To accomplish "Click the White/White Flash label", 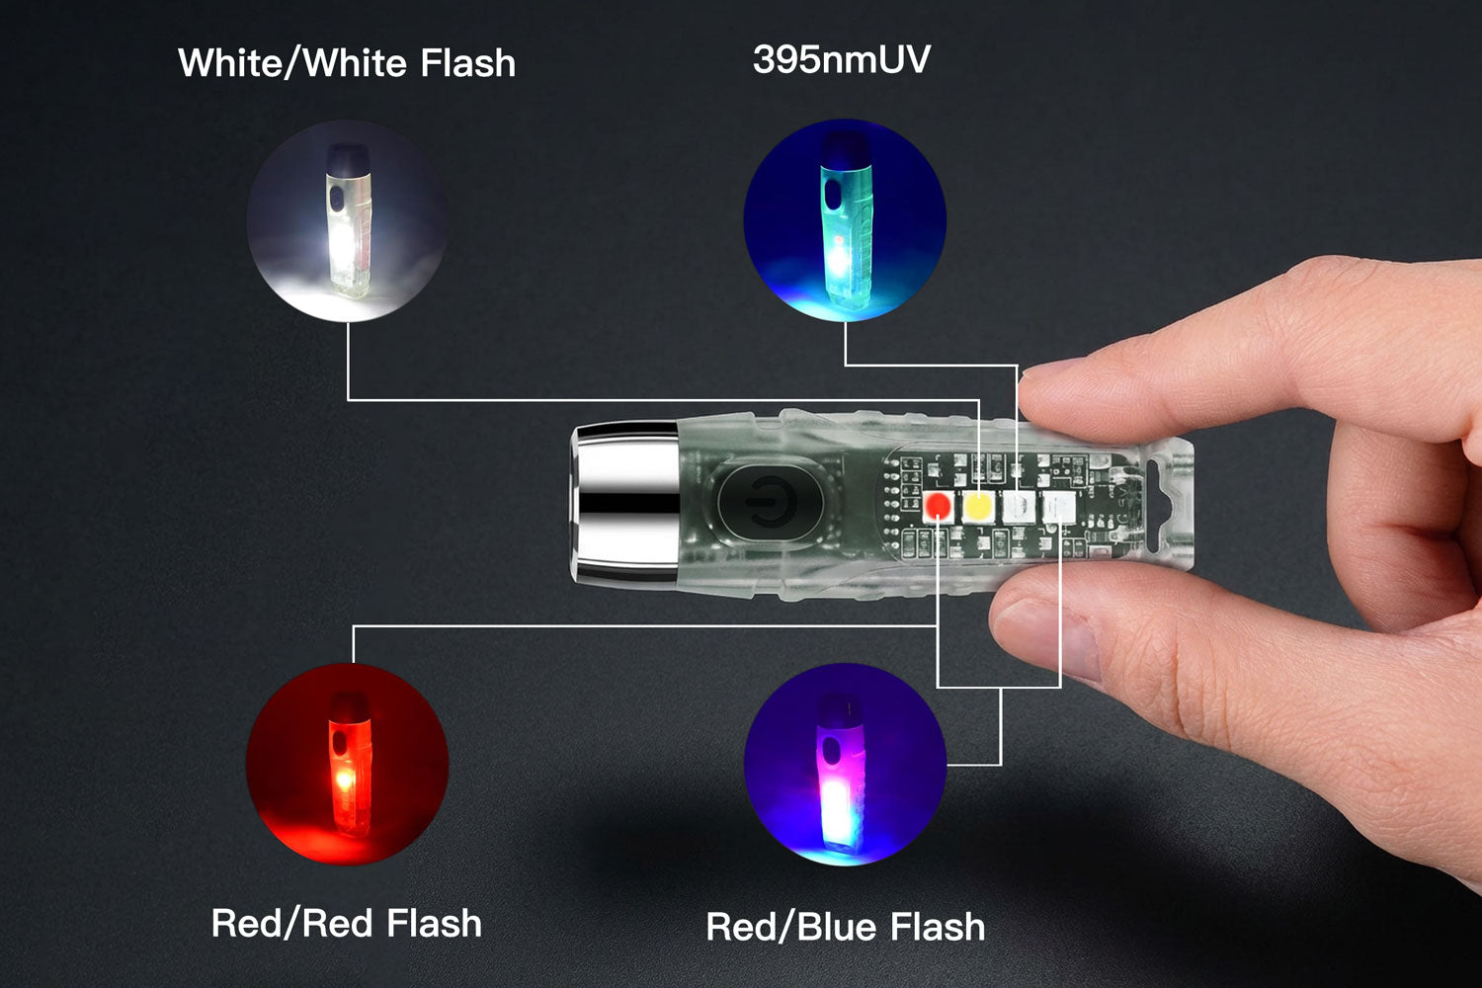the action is (347, 63).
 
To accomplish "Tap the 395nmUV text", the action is (842, 59).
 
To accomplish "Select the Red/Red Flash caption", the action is (346, 923).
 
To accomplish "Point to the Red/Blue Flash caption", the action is (845, 927).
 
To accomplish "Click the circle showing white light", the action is (348, 221).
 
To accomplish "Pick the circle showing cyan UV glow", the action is (845, 220).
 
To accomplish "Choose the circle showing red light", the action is (348, 765).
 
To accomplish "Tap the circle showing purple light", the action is (845, 765).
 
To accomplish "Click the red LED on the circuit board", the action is (938, 507).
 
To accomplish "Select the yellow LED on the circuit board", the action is (977, 507).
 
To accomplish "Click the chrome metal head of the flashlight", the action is (624, 504).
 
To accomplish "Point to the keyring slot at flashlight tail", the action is (1167, 505).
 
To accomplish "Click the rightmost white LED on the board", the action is (1058, 507).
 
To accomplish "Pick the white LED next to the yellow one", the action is (1019, 507).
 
